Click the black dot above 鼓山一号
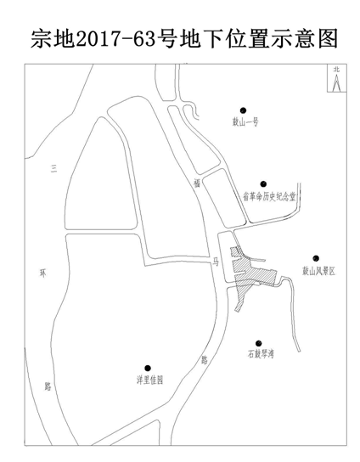pyautogui.click(x=243, y=110)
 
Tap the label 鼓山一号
pyautogui.click(x=245, y=121)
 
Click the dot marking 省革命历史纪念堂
pyautogui.click(x=263, y=184)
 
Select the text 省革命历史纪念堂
pyautogui.click(x=269, y=196)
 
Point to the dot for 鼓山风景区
pyautogui.click(x=316, y=258)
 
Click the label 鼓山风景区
pyautogui.click(x=318, y=271)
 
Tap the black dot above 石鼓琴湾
pyautogui.click(x=258, y=343)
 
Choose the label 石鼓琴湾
pyautogui.click(x=261, y=353)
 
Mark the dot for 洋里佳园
pyautogui.click(x=148, y=368)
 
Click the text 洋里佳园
pyautogui.click(x=149, y=380)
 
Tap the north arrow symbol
pyautogui.click(x=336, y=82)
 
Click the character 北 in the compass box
pyautogui.click(x=336, y=70)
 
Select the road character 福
pyautogui.click(x=197, y=183)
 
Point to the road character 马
pyautogui.click(x=216, y=262)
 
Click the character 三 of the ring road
pyautogui.click(x=53, y=168)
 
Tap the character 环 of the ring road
pyautogui.click(x=43, y=273)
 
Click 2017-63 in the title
pyautogui.click(x=115, y=39)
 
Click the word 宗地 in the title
pyautogui.click(x=53, y=38)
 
